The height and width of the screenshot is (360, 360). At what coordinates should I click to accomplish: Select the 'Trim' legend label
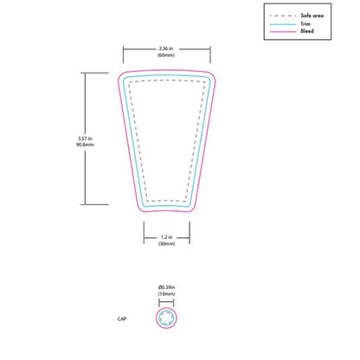(x=305, y=23)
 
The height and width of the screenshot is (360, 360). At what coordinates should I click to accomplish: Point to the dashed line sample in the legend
(x=281, y=16)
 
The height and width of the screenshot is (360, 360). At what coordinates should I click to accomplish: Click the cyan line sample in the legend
(x=281, y=23)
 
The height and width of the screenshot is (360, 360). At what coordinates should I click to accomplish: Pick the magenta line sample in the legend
(x=281, y=31)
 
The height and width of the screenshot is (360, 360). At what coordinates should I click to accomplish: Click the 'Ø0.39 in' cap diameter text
(x=166, y=286)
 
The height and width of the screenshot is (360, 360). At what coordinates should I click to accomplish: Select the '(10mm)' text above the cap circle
(x=166, y=294)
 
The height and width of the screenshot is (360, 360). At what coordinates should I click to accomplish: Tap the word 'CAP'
(x=122, y=318)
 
